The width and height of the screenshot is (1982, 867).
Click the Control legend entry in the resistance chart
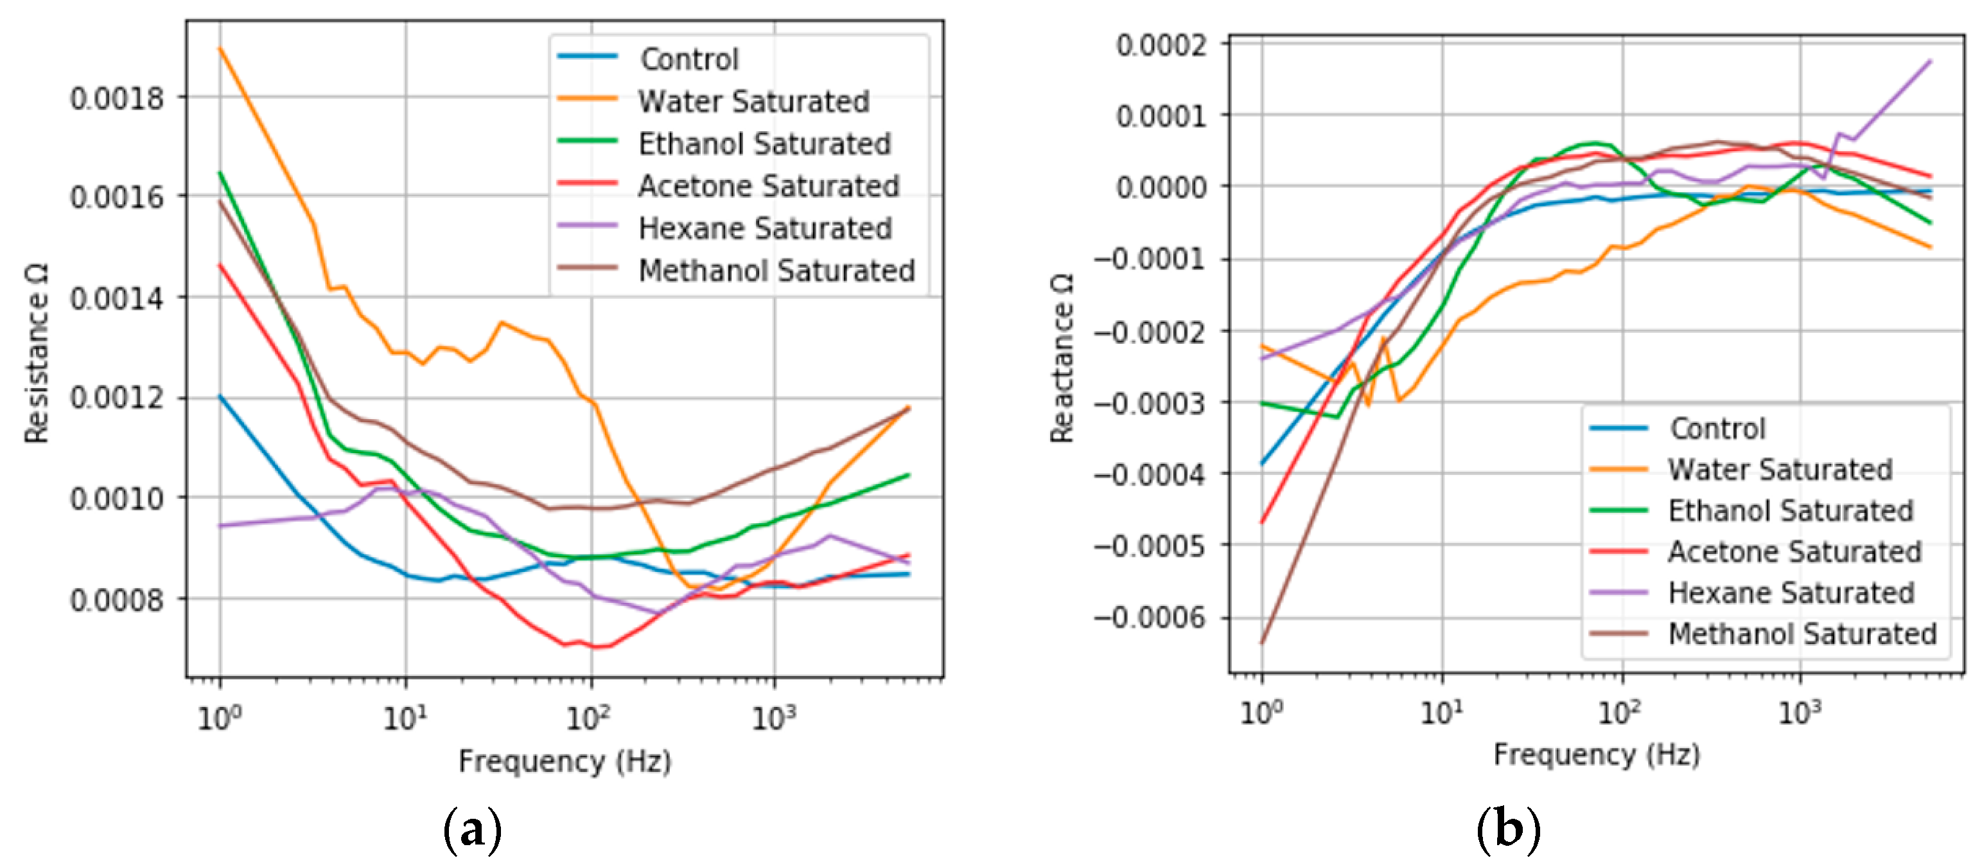pyautogui.click(x=688, y=58)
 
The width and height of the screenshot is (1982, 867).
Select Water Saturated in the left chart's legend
pyautogui.click(x=753, y=101)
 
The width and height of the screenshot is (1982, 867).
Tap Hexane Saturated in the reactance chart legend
pyautogui.click(x=1790, y=592)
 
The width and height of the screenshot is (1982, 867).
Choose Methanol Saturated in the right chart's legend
pyautogui.click(x=1801, y=634)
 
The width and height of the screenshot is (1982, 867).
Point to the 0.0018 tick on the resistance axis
pyautogui.click(x=117, y=98)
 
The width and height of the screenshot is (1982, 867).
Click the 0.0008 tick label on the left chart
pyautogui.click(x=117, y=599)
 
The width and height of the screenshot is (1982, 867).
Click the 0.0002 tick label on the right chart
pyautogui.click(x=1161, y=44)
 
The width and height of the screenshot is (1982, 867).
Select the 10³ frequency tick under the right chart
pyautogui.click(x=1799, y=712)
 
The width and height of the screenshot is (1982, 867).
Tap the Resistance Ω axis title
pyautogui.click(x=36, y=353)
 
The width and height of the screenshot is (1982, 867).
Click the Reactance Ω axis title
pyautogui.click(x=1062, y=358)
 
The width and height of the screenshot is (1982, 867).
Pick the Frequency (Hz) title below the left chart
pyautogui.click(x=565, y=761)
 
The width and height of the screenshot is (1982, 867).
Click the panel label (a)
pyautogui.click(x=473, y=830)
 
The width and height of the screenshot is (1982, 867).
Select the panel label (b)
pyautogui.click(x=1508, y=830)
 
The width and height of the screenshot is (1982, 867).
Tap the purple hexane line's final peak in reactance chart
pyautogui.click(x=1930, y=61)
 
